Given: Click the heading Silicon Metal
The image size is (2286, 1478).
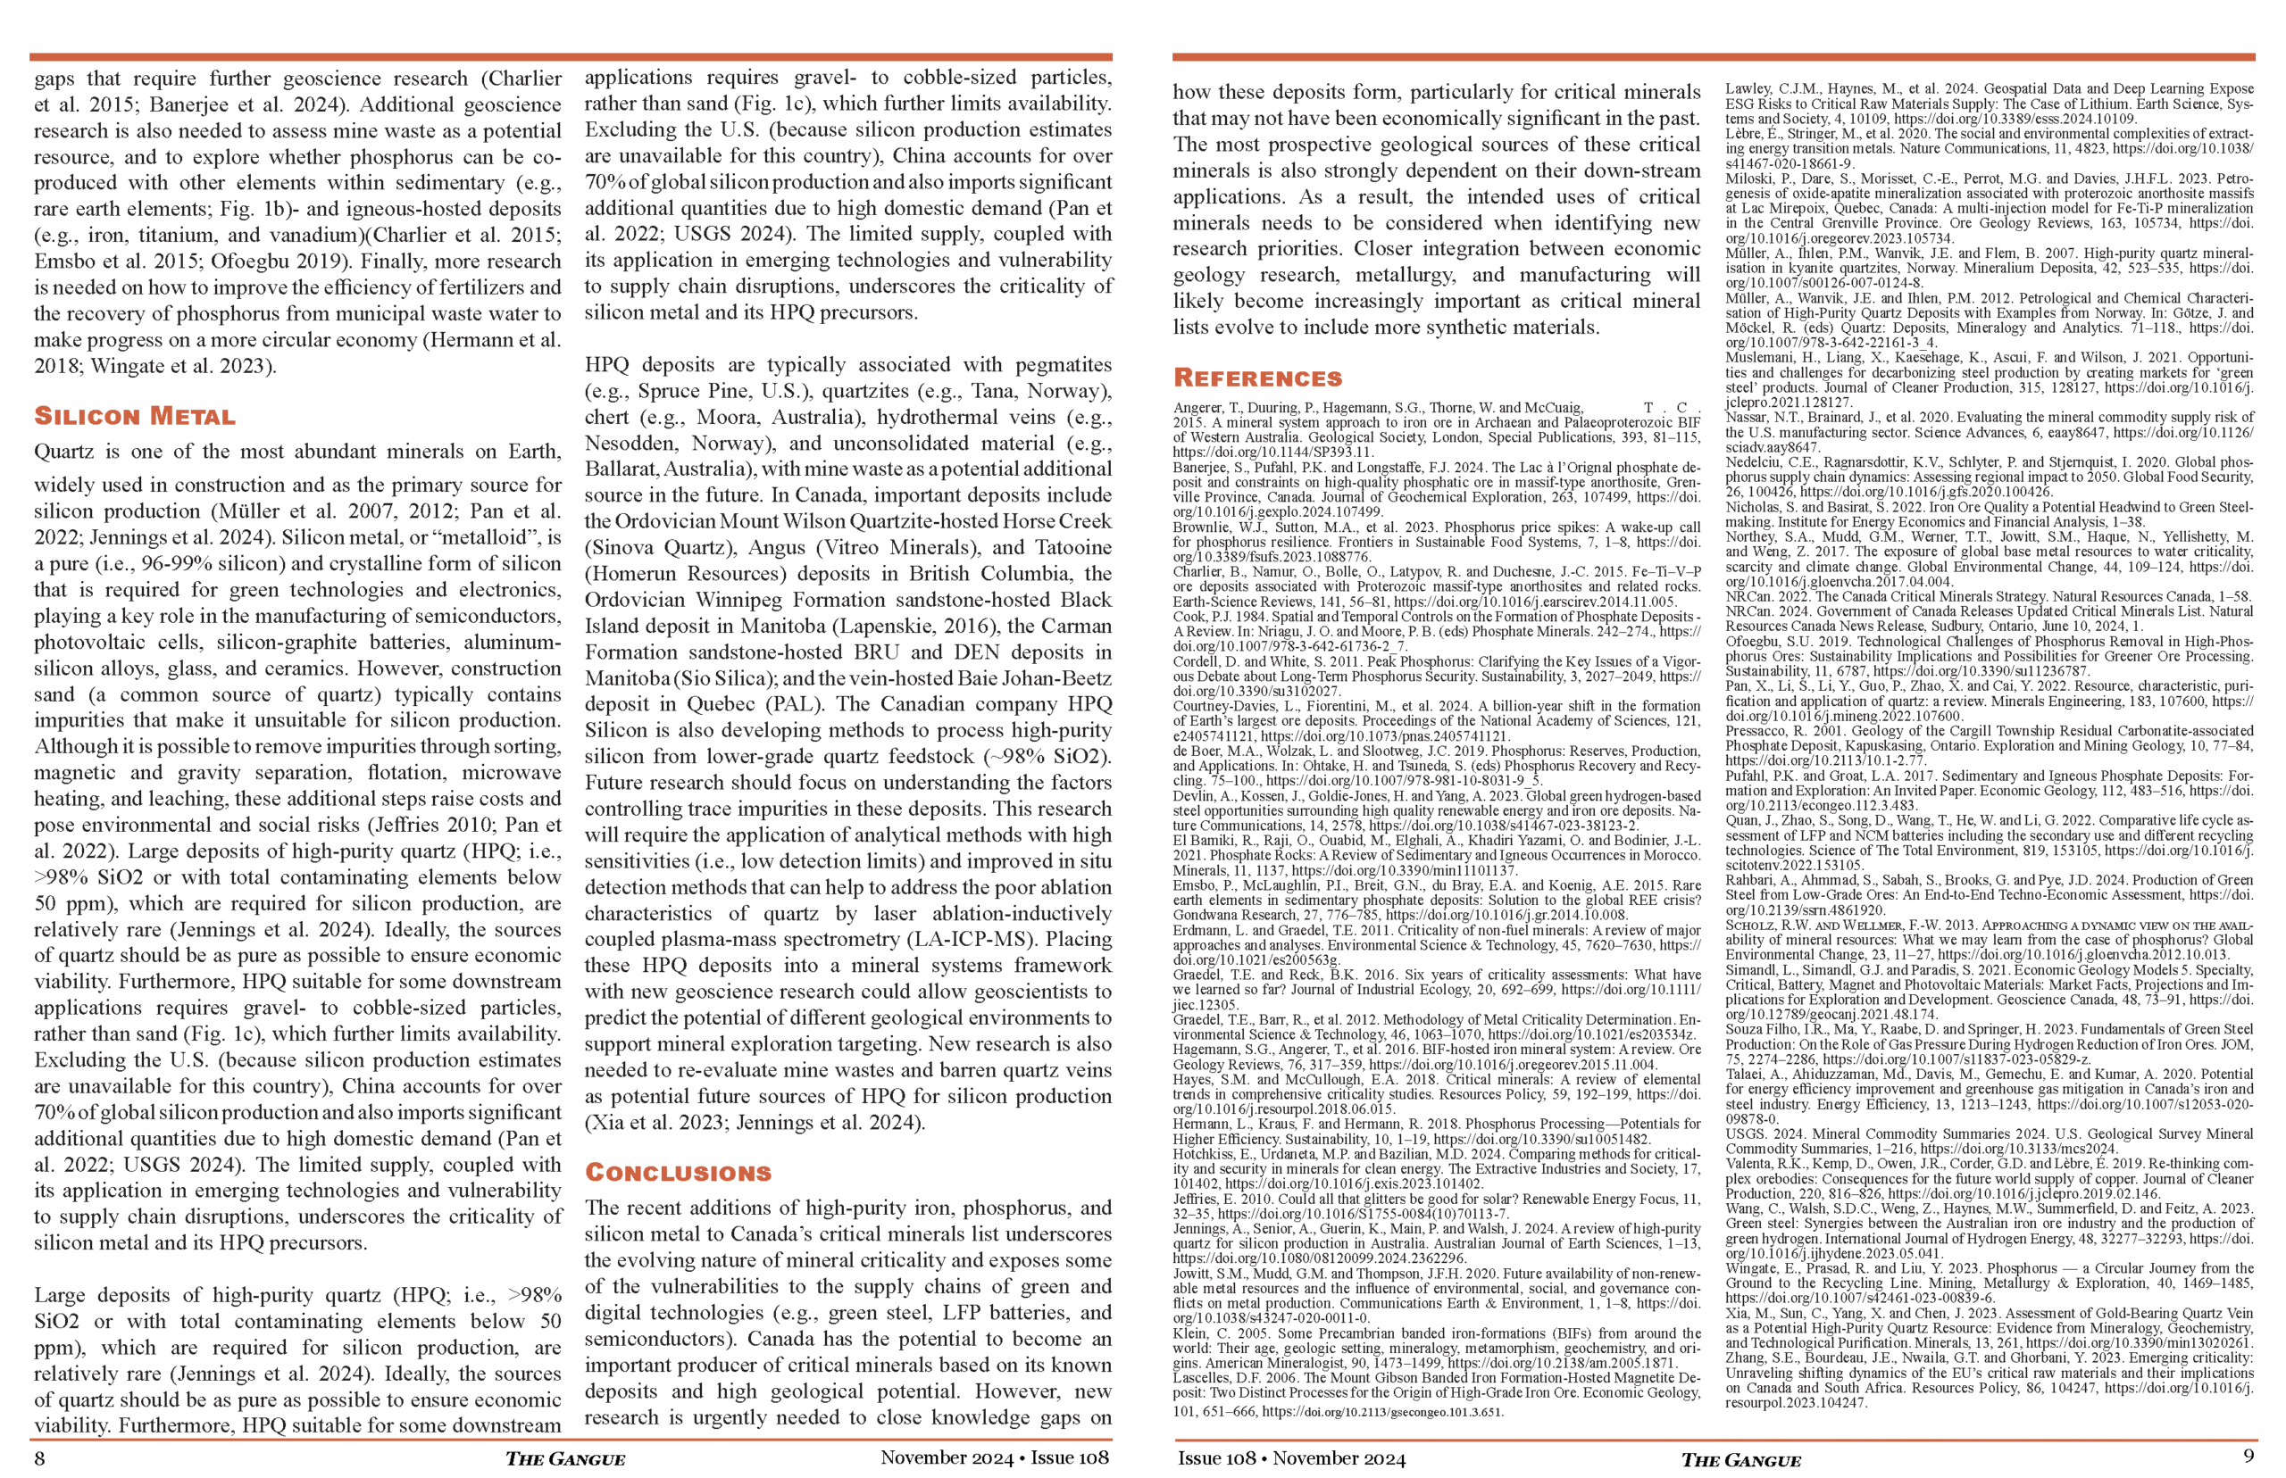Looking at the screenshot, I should [x=135, y=417].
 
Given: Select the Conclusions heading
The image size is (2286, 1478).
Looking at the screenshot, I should [x=678, y=1173].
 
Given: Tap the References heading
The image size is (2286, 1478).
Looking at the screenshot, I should [x=1257, y=378].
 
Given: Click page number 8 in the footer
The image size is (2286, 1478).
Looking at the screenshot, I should [x=39, y=1458].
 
